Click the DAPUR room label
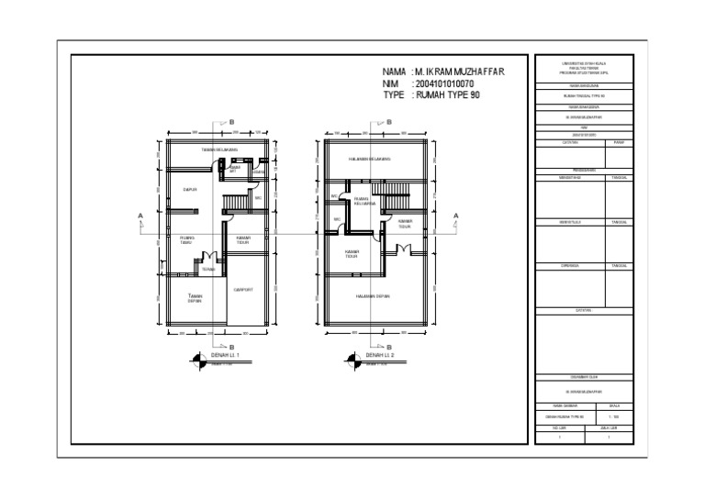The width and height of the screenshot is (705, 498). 191,190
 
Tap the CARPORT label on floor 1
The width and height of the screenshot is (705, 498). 243,289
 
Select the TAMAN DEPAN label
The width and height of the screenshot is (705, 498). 195,298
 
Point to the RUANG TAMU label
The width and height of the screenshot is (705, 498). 186,240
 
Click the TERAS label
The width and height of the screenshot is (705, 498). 208,270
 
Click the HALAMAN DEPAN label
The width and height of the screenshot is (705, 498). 374,296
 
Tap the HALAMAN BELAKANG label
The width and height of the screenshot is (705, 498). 369,159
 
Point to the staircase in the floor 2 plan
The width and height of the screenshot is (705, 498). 397,200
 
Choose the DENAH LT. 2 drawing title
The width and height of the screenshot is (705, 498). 380,354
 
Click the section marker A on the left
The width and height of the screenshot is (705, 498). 140,216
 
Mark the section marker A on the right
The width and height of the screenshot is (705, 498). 456,216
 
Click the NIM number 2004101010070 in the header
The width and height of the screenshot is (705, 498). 456,83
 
